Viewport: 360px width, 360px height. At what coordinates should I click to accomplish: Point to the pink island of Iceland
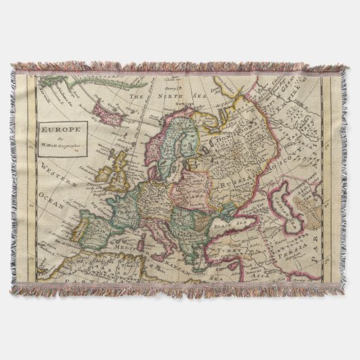click(106, 108)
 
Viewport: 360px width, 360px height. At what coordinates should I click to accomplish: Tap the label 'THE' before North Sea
click(139, 97)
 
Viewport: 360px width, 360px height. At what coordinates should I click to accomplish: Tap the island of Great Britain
click(123, 170)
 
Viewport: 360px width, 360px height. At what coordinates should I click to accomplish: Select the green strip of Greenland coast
click(65, 85)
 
